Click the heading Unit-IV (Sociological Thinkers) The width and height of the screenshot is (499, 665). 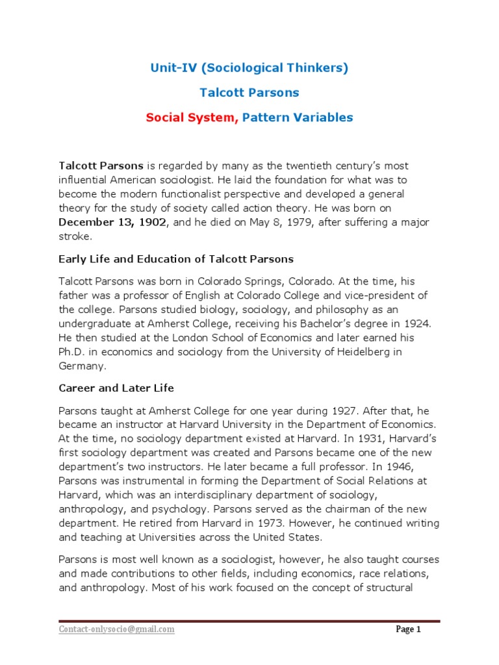(x=249, y=68)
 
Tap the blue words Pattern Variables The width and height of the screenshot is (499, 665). (x=298, y=118)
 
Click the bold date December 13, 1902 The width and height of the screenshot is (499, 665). (x=112, y=222)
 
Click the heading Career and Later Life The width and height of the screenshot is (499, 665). (x=116, y=388)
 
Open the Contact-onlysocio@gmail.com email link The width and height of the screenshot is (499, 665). (x=116, y=629)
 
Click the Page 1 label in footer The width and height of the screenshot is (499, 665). (x=409, y=629)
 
